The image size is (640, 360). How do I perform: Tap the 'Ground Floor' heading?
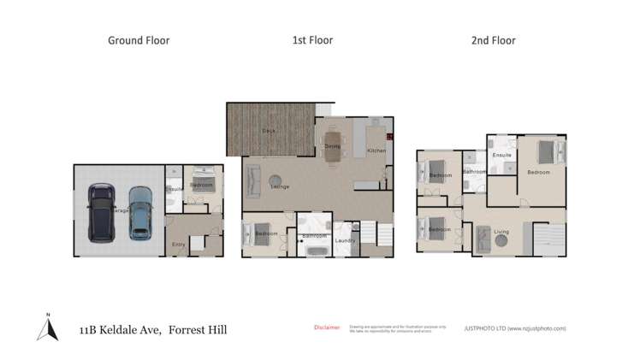(x=138, y=40)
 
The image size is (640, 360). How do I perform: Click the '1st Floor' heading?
(x=313, y=40)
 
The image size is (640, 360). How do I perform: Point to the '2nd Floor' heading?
(x=495, y=40)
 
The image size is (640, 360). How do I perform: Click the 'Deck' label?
(x=268, y=131)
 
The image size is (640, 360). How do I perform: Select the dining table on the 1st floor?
(x=333, y=143)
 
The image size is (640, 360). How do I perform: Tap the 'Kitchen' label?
(x=376, y=150)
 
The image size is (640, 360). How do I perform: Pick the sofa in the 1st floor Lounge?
(x=253, y=180)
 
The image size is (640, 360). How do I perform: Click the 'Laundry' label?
(x=345, y=240)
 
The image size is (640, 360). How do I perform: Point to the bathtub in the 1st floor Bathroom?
(x=314, y=251)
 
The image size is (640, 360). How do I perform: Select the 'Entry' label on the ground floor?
(x=178, y=245)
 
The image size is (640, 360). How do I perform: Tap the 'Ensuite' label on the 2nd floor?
(x=502, y=155)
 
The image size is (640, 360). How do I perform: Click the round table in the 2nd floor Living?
(x=503, y=243)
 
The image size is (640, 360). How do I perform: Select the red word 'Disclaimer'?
(x=326, y=327)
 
